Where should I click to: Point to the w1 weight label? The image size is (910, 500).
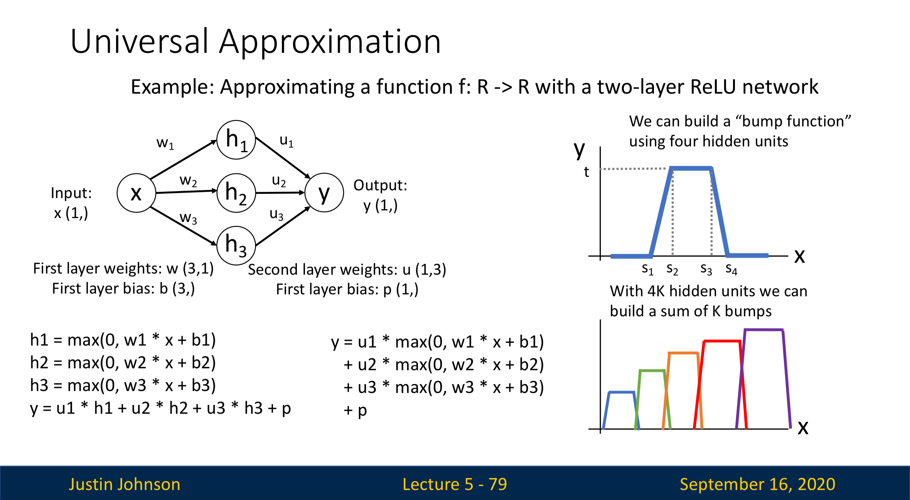tap(165, 143)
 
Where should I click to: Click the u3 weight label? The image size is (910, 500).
tap(276, 214)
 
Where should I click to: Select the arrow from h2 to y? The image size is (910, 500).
tap(280, 193)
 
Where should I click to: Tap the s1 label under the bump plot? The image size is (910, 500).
tap(647, 269)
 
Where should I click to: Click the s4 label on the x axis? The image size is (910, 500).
tap(731, 269)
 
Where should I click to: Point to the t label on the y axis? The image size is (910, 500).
tap(586, 172)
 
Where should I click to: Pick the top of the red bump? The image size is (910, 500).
tap(722, 341)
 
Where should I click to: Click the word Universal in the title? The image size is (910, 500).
tap(140, 42)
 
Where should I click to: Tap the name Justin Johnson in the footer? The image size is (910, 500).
tap(125, 484)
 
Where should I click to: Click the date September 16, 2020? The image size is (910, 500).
tap(757, 484)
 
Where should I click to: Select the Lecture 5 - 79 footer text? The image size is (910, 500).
tap(455, 484)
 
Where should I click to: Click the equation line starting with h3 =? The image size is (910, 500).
tap(123, 386)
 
